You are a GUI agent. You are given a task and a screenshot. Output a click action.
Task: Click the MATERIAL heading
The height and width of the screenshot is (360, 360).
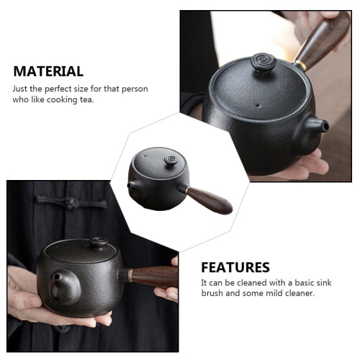[x=48, y=71]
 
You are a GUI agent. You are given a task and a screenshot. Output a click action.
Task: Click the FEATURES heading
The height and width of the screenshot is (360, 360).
[x=235, y=267]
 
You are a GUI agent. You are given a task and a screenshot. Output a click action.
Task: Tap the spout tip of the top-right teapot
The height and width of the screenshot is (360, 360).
[x=325, y=125]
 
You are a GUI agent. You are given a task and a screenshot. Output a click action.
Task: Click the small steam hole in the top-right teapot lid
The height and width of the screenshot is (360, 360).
[x=257, y=105]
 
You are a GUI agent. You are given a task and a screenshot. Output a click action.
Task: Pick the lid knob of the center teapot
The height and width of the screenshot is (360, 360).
[x=171, y=160]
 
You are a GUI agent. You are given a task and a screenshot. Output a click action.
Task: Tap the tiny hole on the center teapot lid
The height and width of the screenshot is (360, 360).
[x=145, y=156]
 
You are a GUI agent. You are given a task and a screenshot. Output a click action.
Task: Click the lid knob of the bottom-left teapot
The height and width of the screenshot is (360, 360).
[x=99, y=243]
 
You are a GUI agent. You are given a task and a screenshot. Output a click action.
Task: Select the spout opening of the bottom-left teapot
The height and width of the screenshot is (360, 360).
[x=56, y=277]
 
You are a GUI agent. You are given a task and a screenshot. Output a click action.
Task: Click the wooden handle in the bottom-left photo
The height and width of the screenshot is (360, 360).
[x=154, y=276]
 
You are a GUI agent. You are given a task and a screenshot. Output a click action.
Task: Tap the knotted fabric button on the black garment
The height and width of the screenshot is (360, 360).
[x=71, y=204]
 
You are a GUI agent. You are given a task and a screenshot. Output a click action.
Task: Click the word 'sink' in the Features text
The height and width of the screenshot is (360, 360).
[x=323, y=283]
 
